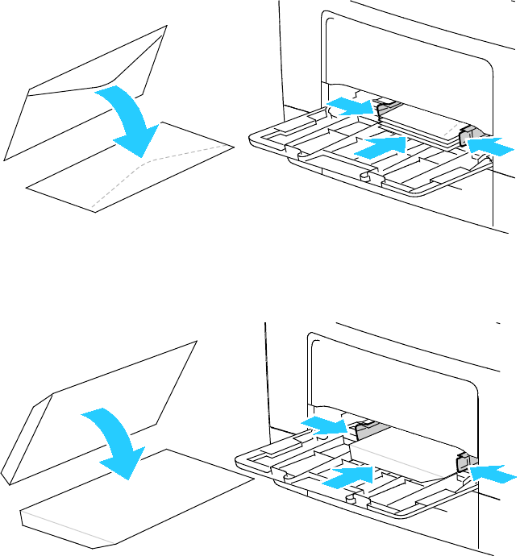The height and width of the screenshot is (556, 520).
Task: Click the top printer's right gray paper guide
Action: (x=470, y=137)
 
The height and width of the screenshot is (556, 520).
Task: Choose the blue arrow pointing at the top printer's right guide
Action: (x=491, y=146)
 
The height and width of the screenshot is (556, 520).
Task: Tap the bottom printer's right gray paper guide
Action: (x=463, y=463)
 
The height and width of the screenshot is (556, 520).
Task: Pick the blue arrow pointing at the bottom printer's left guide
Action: (x=322, y=426)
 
